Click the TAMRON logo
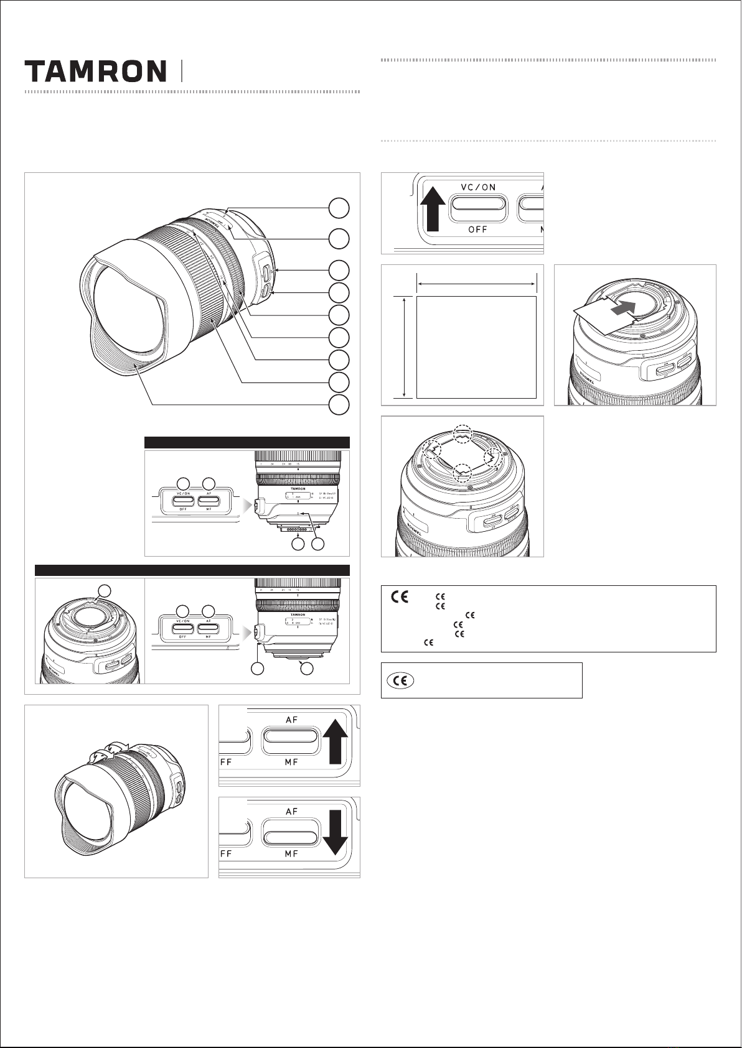click(x=95, y=72)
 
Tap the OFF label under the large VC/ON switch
click(x=477, y=229)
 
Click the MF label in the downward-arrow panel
click(x=291, y=854)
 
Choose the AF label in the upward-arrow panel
click(x=291, y=720)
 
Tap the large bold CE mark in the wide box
click(x=400, y=598)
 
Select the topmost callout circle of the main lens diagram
click(x=339, y=208)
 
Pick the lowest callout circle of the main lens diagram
click(x=339, y=404)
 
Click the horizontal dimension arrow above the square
click(x=476, y=284)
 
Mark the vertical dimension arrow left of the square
click(x=405, y=346)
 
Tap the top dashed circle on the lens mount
click(x=462, y=433)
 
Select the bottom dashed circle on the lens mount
click(x=462, y=471)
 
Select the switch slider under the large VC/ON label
click(x=477, y=206)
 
